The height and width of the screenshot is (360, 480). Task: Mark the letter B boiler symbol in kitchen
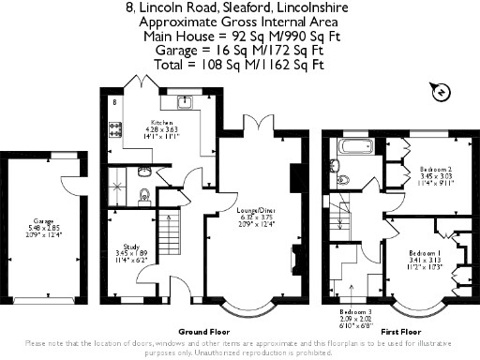click(x=113, y=99)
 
